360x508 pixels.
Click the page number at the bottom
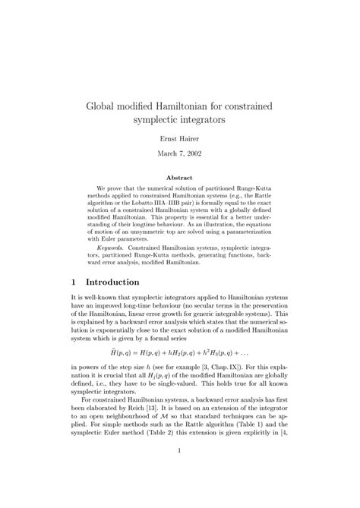[179, 494]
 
